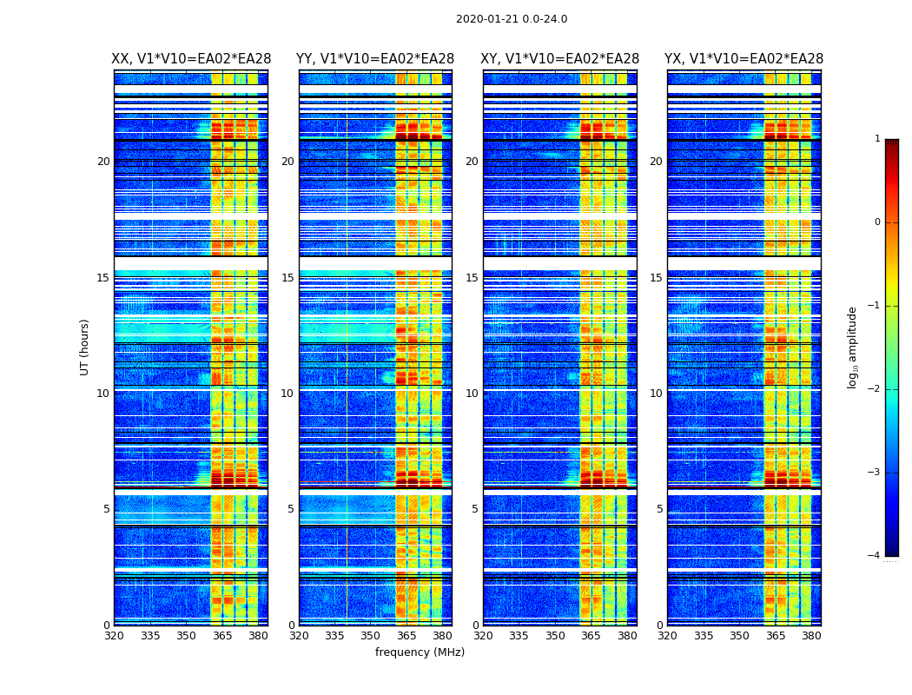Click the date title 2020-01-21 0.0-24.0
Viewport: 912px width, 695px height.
(512, 19)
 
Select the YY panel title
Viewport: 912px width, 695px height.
(375, 59)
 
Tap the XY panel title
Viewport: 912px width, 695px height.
(559, 59)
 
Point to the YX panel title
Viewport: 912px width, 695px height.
(743, 59)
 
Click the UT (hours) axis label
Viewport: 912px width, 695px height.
(85, 347)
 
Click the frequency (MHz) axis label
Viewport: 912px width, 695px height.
(420, 652)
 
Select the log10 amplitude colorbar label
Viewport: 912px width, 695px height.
(853, 347)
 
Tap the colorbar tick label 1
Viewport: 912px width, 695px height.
(876, 139)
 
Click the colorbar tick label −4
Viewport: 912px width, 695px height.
(875, 556)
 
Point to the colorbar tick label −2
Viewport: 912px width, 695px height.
(875, 389)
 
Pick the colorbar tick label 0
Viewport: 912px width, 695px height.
(876, 222)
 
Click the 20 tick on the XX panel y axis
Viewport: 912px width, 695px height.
(103, 162)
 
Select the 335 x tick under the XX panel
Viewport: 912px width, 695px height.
(150, 636)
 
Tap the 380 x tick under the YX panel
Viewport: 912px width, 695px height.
(811, 636)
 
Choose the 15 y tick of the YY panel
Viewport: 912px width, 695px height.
(287, 278)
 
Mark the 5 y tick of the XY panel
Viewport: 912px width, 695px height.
(475, 509)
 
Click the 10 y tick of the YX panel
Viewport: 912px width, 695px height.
(656, 394)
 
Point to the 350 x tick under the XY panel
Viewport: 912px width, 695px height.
(555, 636)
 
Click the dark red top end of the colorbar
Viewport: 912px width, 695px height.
(891, 143)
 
